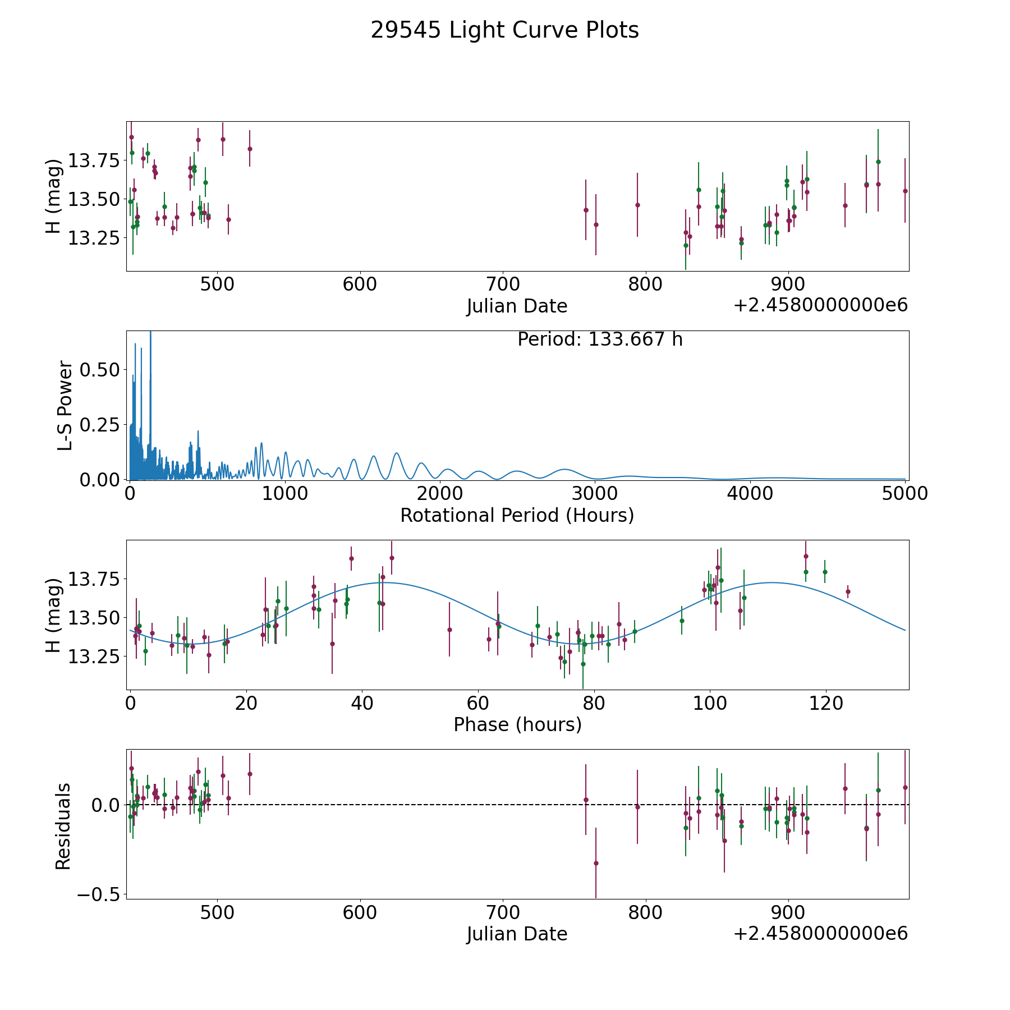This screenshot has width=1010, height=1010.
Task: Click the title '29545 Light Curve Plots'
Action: (504, 30)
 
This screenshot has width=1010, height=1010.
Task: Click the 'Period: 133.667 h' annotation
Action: (600, 339)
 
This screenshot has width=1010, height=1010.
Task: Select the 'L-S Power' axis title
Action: (65, 405)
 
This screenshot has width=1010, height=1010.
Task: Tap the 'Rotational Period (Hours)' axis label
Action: (517, 515)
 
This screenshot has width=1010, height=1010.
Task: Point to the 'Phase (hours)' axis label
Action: (517, 724)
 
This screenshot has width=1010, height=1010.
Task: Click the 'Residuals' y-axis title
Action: (63, 826)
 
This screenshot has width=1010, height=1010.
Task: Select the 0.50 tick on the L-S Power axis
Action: (100, 370)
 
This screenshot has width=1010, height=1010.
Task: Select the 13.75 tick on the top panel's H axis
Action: (94, 161)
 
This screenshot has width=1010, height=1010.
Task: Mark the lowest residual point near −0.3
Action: (596, 863)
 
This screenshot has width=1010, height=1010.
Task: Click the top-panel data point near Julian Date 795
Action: (637, 205)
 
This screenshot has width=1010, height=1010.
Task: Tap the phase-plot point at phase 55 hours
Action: (449, 630)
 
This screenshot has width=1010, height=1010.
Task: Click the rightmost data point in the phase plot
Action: (848, 591)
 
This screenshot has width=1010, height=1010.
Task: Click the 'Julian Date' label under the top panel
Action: (517, 306)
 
